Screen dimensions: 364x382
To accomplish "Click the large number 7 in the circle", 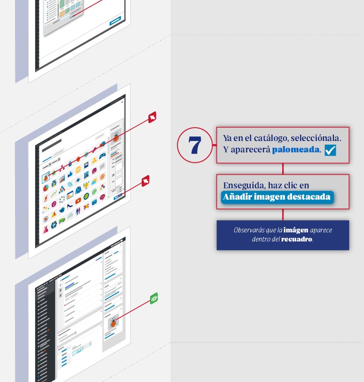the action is click(195, 145).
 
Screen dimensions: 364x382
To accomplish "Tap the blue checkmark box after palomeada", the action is click(330, 150).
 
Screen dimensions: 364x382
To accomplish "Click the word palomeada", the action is click(295, 150).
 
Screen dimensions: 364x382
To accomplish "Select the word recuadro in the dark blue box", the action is click(297, 239).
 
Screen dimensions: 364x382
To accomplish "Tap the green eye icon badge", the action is click(154, 298).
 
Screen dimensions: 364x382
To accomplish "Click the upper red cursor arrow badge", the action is click(152, 117).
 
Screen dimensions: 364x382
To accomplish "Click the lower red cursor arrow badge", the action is click(146, 181).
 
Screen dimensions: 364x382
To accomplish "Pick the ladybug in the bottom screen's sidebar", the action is click(113, 322).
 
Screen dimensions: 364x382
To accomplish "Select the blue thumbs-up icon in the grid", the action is click(70, 175).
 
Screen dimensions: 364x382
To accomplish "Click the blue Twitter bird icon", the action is click(62, 210).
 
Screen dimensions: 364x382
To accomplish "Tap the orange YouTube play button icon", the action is click(78, 201).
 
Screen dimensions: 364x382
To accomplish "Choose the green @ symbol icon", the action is click(94, 192).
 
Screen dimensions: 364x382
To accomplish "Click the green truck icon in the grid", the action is click(62, 221).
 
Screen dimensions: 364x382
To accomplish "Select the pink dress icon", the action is click(46, 230).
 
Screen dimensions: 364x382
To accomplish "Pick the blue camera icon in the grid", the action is click(94, 201).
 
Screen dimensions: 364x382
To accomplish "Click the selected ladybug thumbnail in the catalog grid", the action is click(45, 178).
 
